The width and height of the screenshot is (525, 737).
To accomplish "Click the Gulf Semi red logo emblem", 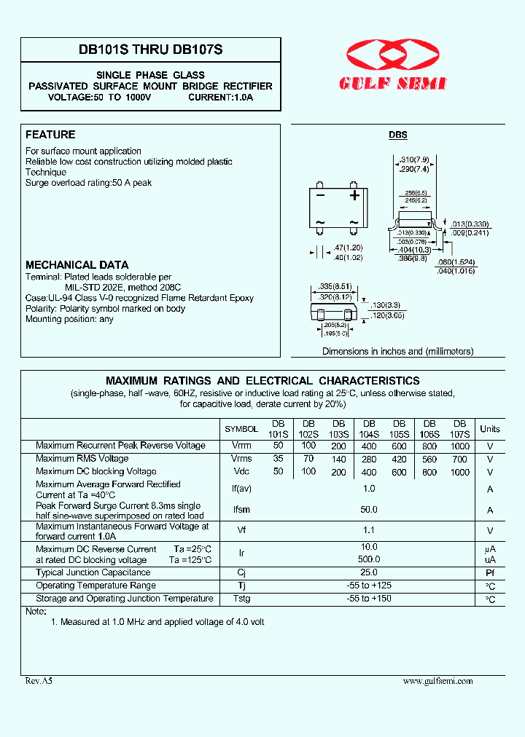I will point(393,56).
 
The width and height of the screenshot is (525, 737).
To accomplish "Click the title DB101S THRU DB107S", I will point(151,50).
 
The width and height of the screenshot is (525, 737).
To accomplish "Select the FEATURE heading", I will point(50,135).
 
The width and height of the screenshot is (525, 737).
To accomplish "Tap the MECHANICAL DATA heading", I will point(77,265).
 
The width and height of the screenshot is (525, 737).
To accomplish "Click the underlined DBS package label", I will point(397,135).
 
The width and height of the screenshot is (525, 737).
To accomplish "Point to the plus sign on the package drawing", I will point(354,195).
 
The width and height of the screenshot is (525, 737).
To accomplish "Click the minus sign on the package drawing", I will point(320,195).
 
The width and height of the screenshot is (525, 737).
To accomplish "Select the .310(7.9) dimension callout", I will point(413,159).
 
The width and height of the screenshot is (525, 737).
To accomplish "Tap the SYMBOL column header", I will point(241,430).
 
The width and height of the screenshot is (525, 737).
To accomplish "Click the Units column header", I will point(490,429).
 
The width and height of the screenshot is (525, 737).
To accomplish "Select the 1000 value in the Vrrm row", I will point(459,445).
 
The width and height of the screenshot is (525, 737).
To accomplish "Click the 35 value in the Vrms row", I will point(278,459).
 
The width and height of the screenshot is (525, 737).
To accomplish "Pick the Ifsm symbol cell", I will point(241,511).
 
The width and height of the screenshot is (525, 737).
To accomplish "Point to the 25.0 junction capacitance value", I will point(369,573).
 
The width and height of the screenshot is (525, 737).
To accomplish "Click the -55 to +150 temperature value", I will point(369,599).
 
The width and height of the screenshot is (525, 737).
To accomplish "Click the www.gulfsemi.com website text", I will point(437,681).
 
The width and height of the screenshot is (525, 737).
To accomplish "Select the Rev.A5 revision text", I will point(39,681).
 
